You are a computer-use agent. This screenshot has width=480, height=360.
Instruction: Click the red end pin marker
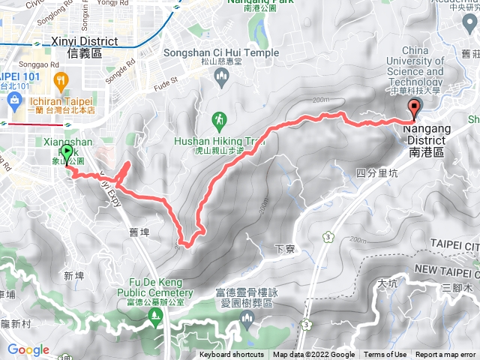414,109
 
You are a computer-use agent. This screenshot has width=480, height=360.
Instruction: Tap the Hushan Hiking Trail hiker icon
220,120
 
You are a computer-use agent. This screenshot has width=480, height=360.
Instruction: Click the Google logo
28,349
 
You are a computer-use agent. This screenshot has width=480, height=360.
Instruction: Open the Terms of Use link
385,355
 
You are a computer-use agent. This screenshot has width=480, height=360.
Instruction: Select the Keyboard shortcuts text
232,355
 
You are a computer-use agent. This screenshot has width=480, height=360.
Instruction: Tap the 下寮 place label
283,248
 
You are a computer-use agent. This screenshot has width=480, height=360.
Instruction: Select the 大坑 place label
388,283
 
